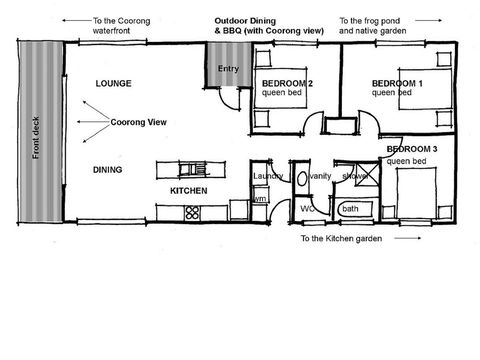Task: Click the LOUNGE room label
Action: pyautogui.click(x=112, y=85)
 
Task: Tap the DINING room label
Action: pyautogui.click(x=108, y=170)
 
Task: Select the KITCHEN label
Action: pyautogui.click(x=188, y=190)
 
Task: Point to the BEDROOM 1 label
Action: pyautogui.click(x=396, y=82)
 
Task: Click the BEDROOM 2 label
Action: pyautogui.click(x=287, y=82)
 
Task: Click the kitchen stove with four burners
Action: pyautogui.click(x=192, y=211)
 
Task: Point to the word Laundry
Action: pyautogui.click(x=268, y=176)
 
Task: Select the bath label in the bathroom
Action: pyautogui.click(x=350, y=209)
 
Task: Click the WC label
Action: pyautogui.click(x=308, y=208)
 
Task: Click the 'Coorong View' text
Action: pyautogui.click(x=138, y=123)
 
